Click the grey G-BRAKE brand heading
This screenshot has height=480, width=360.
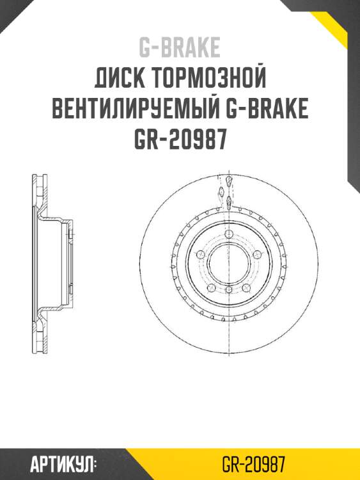tap(180, 47)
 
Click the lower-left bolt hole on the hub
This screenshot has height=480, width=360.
tap(210, 289)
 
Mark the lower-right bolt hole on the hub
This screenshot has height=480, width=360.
tap(247, 289)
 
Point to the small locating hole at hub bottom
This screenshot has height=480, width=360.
tap(229, 291)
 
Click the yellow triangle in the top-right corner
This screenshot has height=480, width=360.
tap(342, 26)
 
